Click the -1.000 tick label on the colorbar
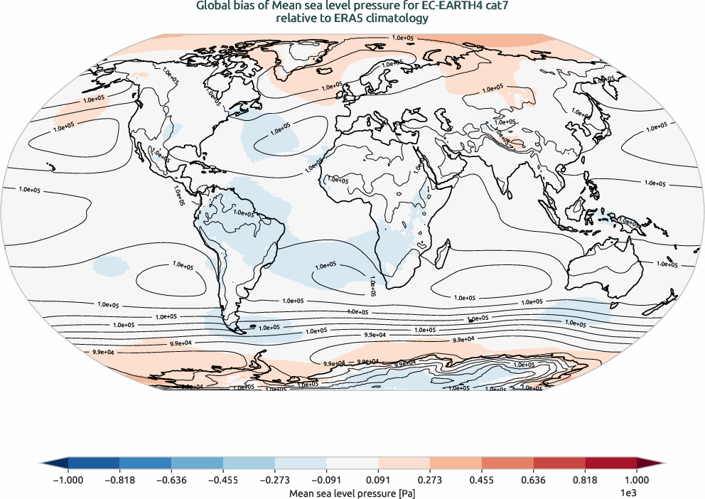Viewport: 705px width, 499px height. tap(69, 480)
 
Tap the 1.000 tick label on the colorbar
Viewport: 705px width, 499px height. tap(636, 480)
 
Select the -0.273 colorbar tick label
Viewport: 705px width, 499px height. tap(274, 480)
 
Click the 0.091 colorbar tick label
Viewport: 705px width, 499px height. tap(378, 480)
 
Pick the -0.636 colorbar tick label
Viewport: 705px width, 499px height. tap(171, 480)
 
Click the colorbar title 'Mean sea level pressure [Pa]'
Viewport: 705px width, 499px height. tap(352, 492)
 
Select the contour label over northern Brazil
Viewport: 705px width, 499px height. tap(243, 213)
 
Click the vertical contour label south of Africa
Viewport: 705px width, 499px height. tap(372, 286)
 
